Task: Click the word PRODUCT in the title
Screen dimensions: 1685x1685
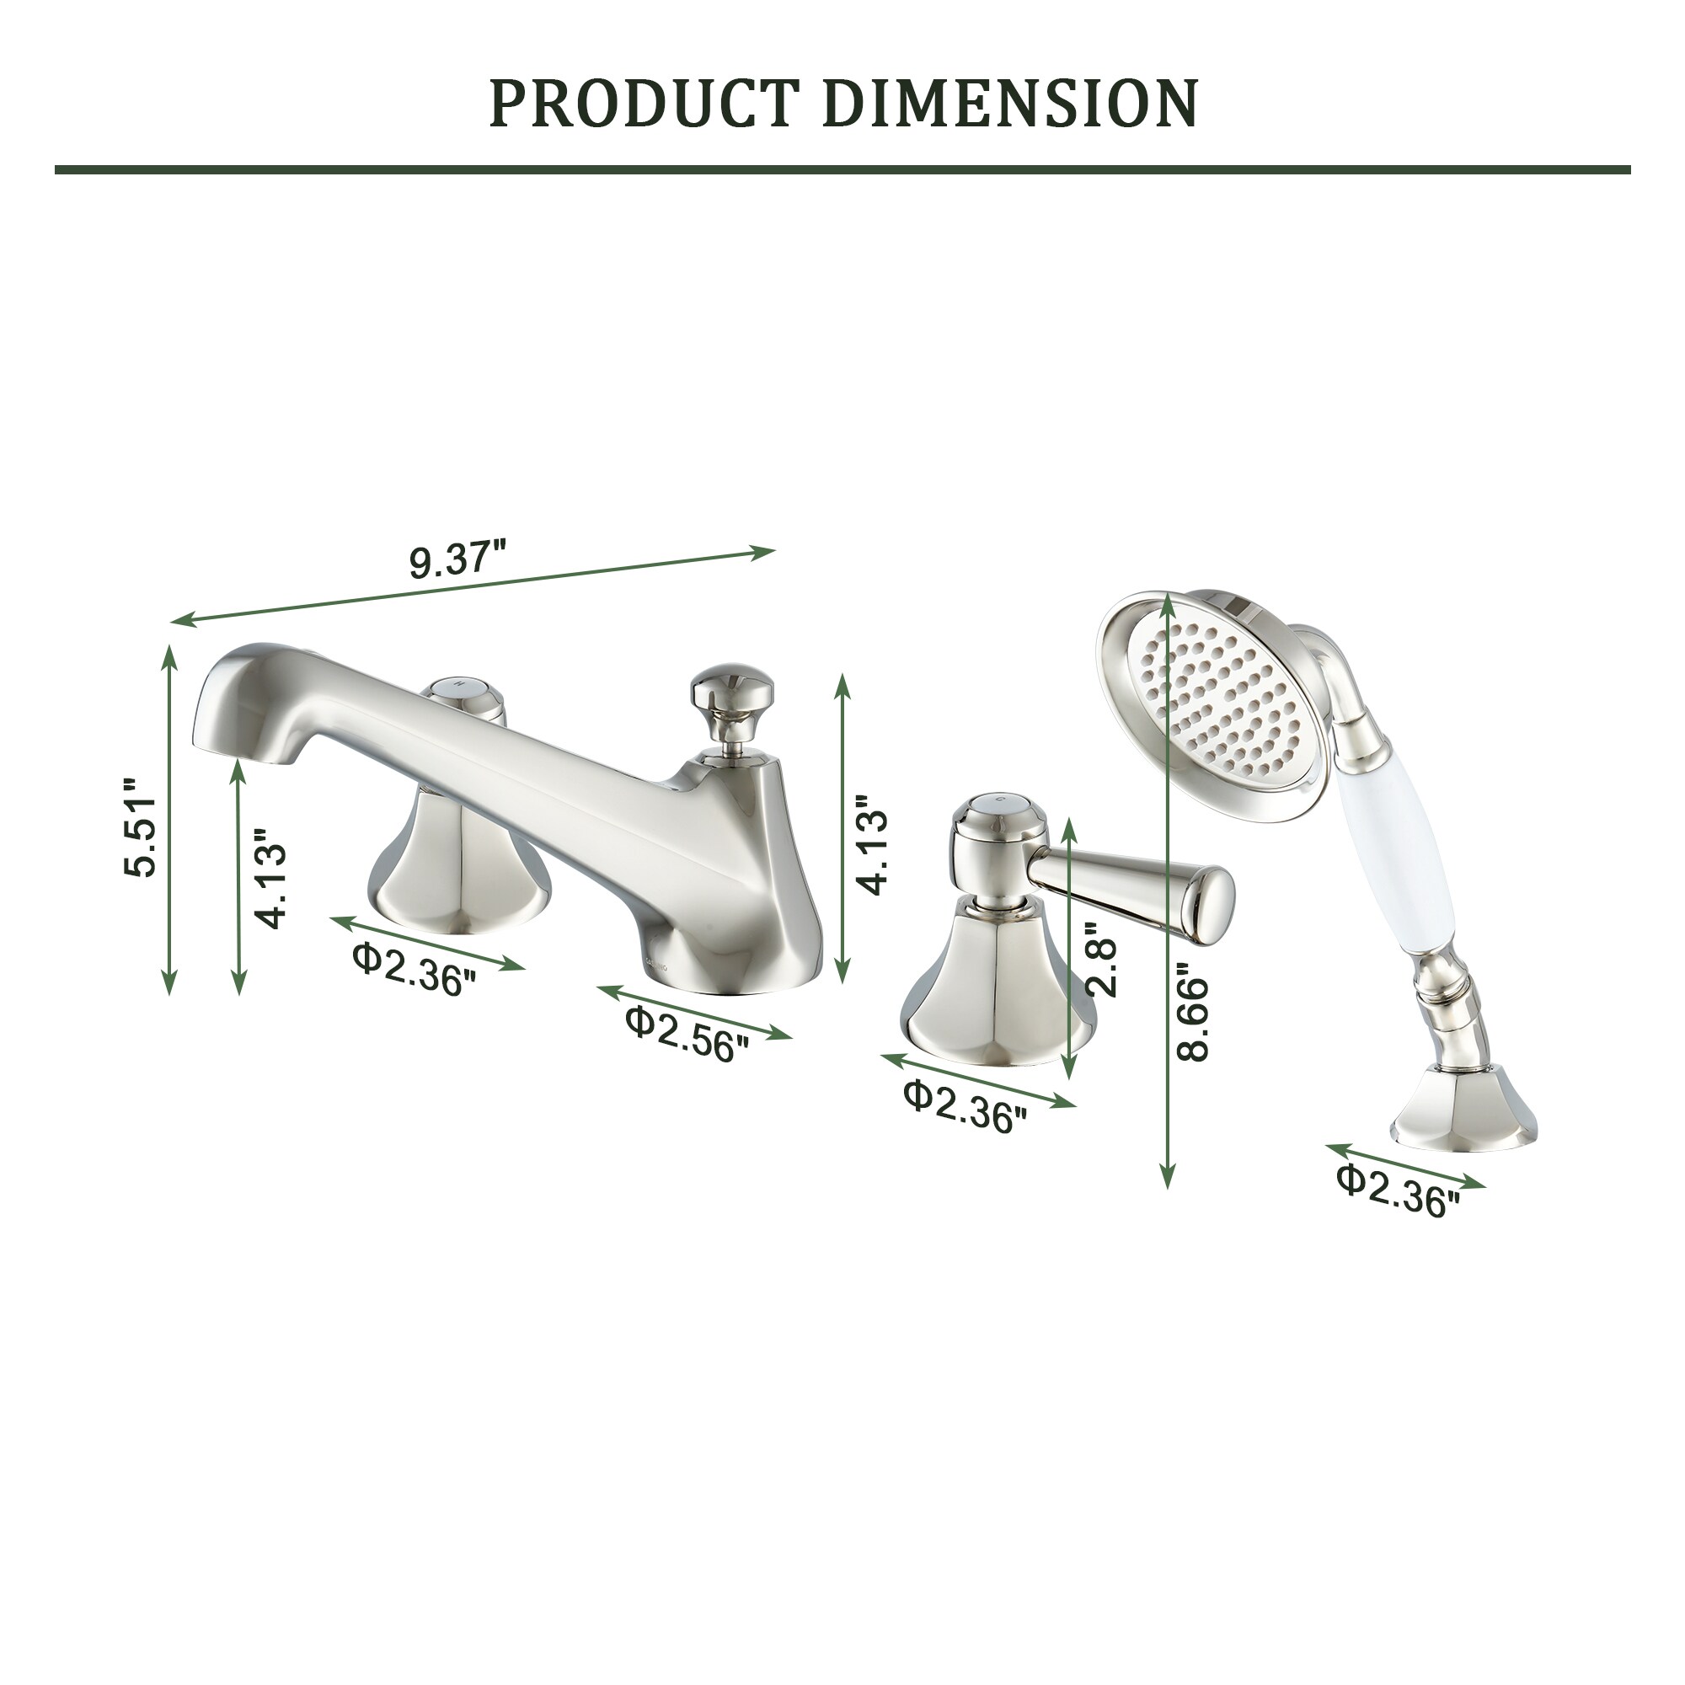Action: pos(644,103)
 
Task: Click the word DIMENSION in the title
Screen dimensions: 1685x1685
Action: pos(1009,103)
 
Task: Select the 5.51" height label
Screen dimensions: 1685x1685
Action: pos(140,826)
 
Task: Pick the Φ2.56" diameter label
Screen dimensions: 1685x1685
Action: pos(687,1035)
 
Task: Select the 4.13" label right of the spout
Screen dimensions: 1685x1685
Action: pos(872,844)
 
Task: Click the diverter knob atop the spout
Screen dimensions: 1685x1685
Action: pos(723,695)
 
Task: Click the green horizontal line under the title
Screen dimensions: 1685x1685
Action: pos(842,169)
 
